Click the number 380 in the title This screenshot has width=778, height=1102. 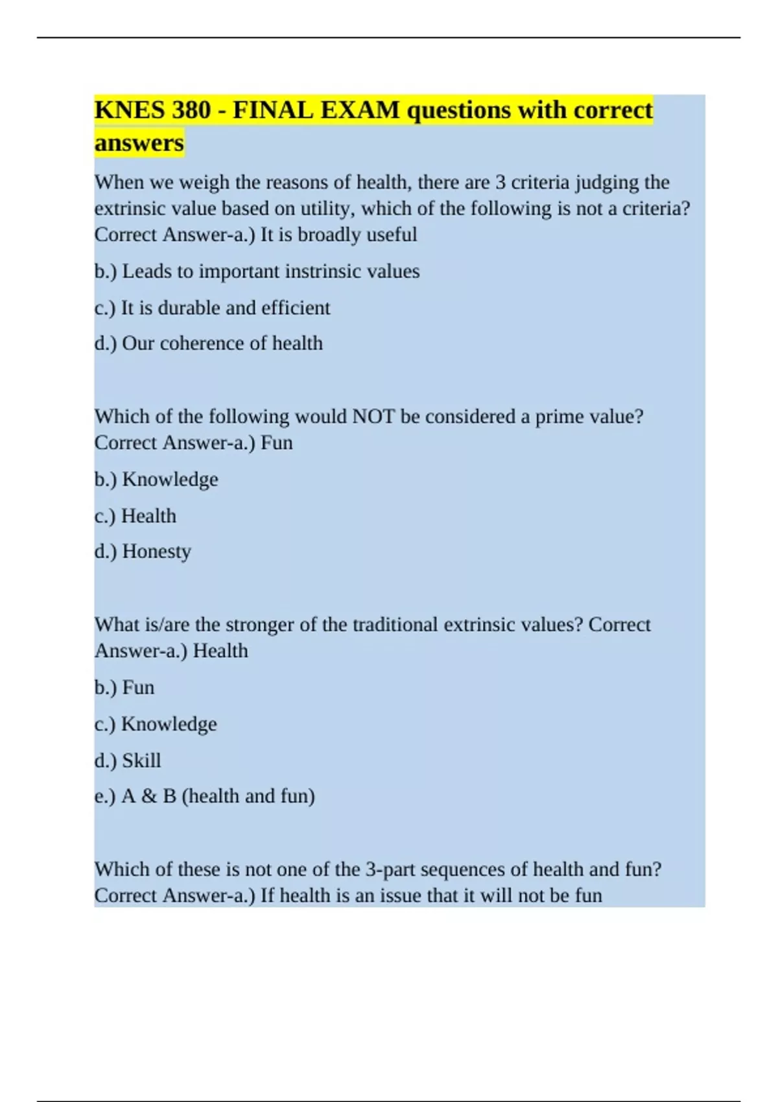(191, 110)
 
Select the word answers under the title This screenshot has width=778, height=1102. (139, 143)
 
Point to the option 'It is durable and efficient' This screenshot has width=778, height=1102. (226, 307)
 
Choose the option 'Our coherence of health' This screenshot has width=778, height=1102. (222, 343)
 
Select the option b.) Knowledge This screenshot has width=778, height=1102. (156, 479)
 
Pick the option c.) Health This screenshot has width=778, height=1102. (136, 515)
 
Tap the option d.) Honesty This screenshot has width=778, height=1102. (143, 551)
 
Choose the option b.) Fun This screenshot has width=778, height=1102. (124, 687)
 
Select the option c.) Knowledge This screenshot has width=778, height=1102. (156, 723)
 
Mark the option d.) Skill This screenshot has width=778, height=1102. (128, 760)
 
